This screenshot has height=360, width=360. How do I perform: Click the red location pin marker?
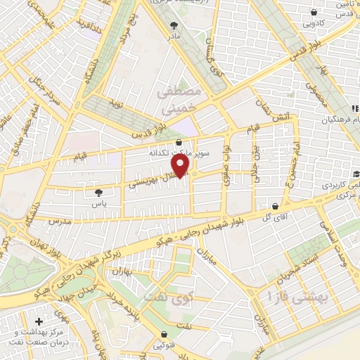tap(181, 166)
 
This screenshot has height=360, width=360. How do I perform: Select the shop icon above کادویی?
tap(314, 12)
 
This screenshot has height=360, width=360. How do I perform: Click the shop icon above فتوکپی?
tap(165, 334)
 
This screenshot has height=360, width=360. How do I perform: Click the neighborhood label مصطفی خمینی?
tap(181, 100)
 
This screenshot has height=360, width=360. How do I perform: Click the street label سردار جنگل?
tap(48, 96)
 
